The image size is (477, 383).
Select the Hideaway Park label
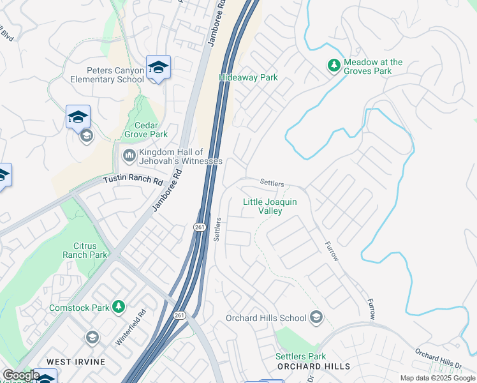[x=248, y=77]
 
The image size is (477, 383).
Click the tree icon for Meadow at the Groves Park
[x=333, y=66]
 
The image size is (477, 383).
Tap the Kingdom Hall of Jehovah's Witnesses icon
[x=129, y=155]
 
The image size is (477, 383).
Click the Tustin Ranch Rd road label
[x=133, y=179]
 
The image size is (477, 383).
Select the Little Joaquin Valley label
[x=269, y=206]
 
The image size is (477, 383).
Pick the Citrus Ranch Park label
[x=90, y=250]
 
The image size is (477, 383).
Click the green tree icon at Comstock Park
[x=118, y=307]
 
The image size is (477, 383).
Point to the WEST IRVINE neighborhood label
[x=68, y=362]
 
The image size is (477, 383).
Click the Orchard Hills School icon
[x=316, y=317]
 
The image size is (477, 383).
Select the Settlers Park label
[x=300, y=356]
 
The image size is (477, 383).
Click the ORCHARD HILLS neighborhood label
[x=313, y=366]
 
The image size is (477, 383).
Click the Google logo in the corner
[x=21, y=375]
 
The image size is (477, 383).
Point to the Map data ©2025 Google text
[x=437, y=378]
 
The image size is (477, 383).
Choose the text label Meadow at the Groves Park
[x=373, y=66]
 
